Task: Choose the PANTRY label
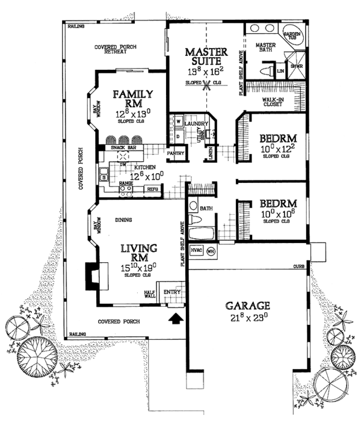[x=176, y=154]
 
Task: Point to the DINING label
[x=123, y=220]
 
